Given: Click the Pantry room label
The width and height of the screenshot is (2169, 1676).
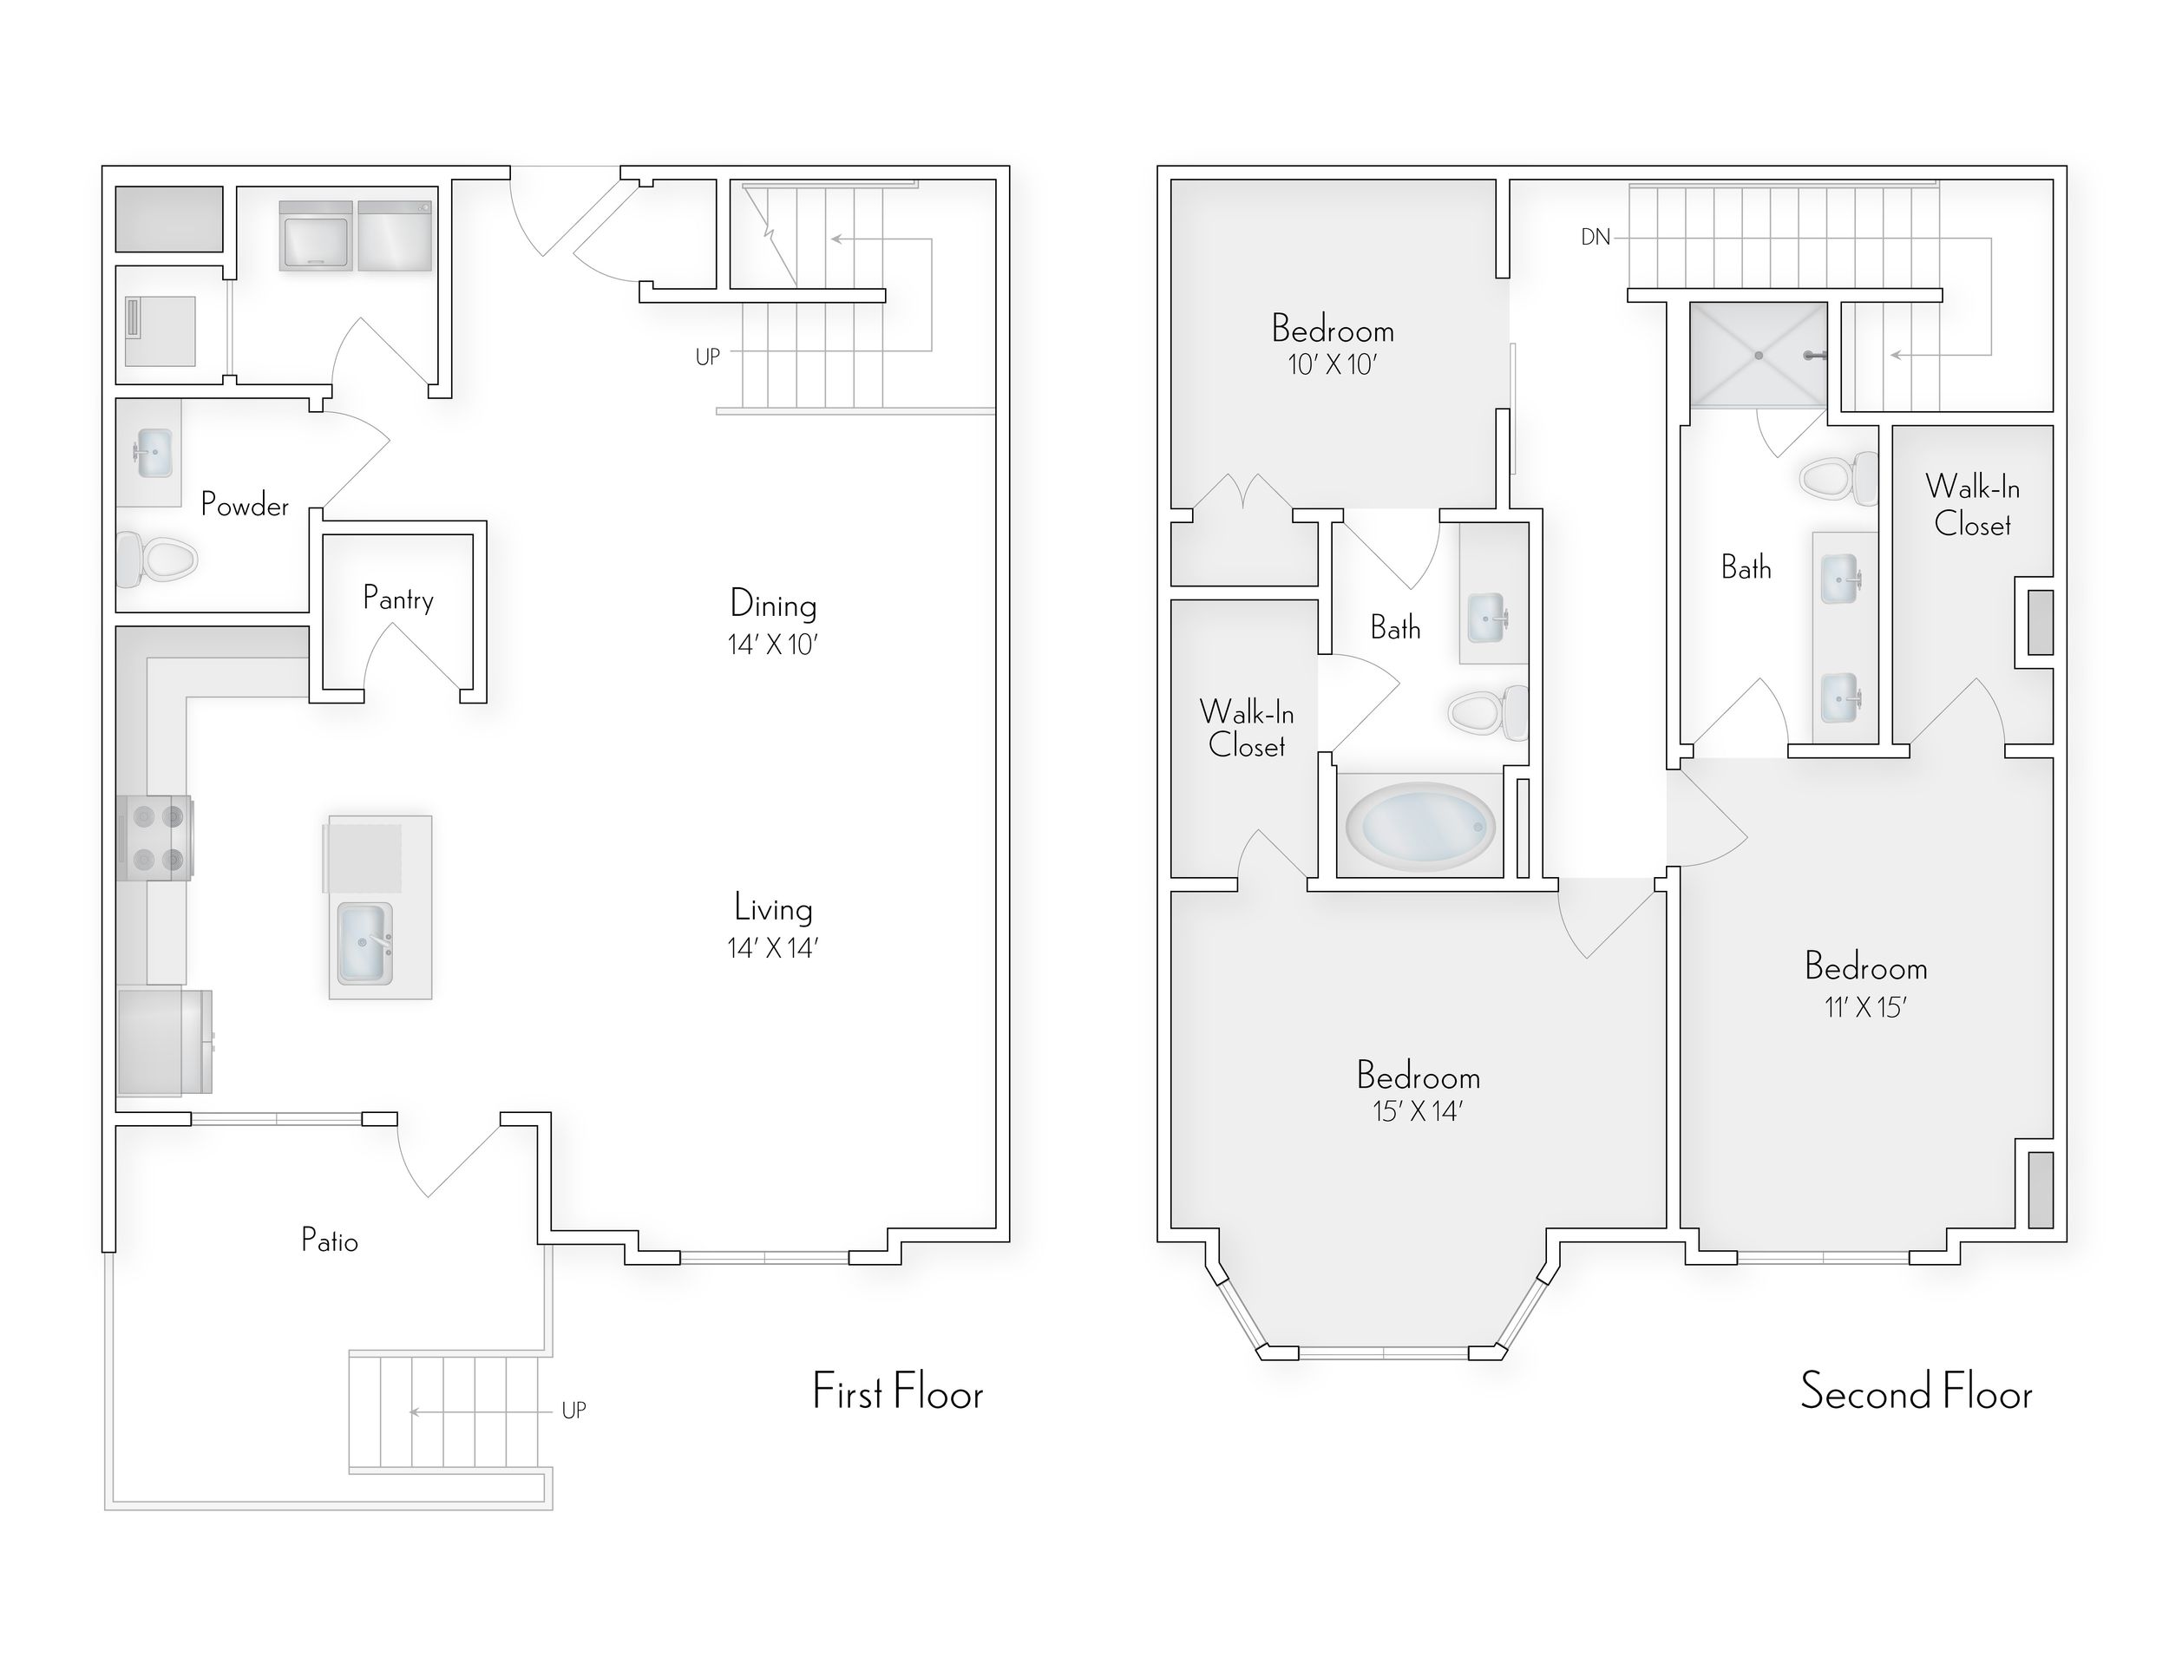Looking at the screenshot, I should click(x=398, y=599).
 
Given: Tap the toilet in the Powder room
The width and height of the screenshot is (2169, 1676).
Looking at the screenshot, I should click(x=159, y=559).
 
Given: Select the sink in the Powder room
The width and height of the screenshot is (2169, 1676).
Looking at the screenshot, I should click(x=153, y=452).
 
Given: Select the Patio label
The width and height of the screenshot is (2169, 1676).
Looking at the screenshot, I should click(x=329, y=1241).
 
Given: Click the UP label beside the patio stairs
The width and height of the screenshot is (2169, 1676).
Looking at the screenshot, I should click(x=574, y=1410).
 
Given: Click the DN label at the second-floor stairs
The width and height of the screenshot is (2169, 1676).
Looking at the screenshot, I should click(x=1595, y=238).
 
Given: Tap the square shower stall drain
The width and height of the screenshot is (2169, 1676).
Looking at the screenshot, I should click(x=1758, y=355).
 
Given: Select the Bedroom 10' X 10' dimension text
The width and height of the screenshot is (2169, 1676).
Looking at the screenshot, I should click(x=1332, y=365).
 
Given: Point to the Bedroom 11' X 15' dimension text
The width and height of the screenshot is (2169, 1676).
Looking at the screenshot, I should click(x=1865, y=1008).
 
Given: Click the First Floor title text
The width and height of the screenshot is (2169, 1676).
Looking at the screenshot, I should click(x=898, y=1392).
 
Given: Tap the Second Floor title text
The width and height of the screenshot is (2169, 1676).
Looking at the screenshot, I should click(x=1916, y=1392).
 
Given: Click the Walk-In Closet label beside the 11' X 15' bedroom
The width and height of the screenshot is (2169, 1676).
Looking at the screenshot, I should click(x=1972, y=506).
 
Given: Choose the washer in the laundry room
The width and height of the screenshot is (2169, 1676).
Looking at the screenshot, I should click(x=316, y=236).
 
